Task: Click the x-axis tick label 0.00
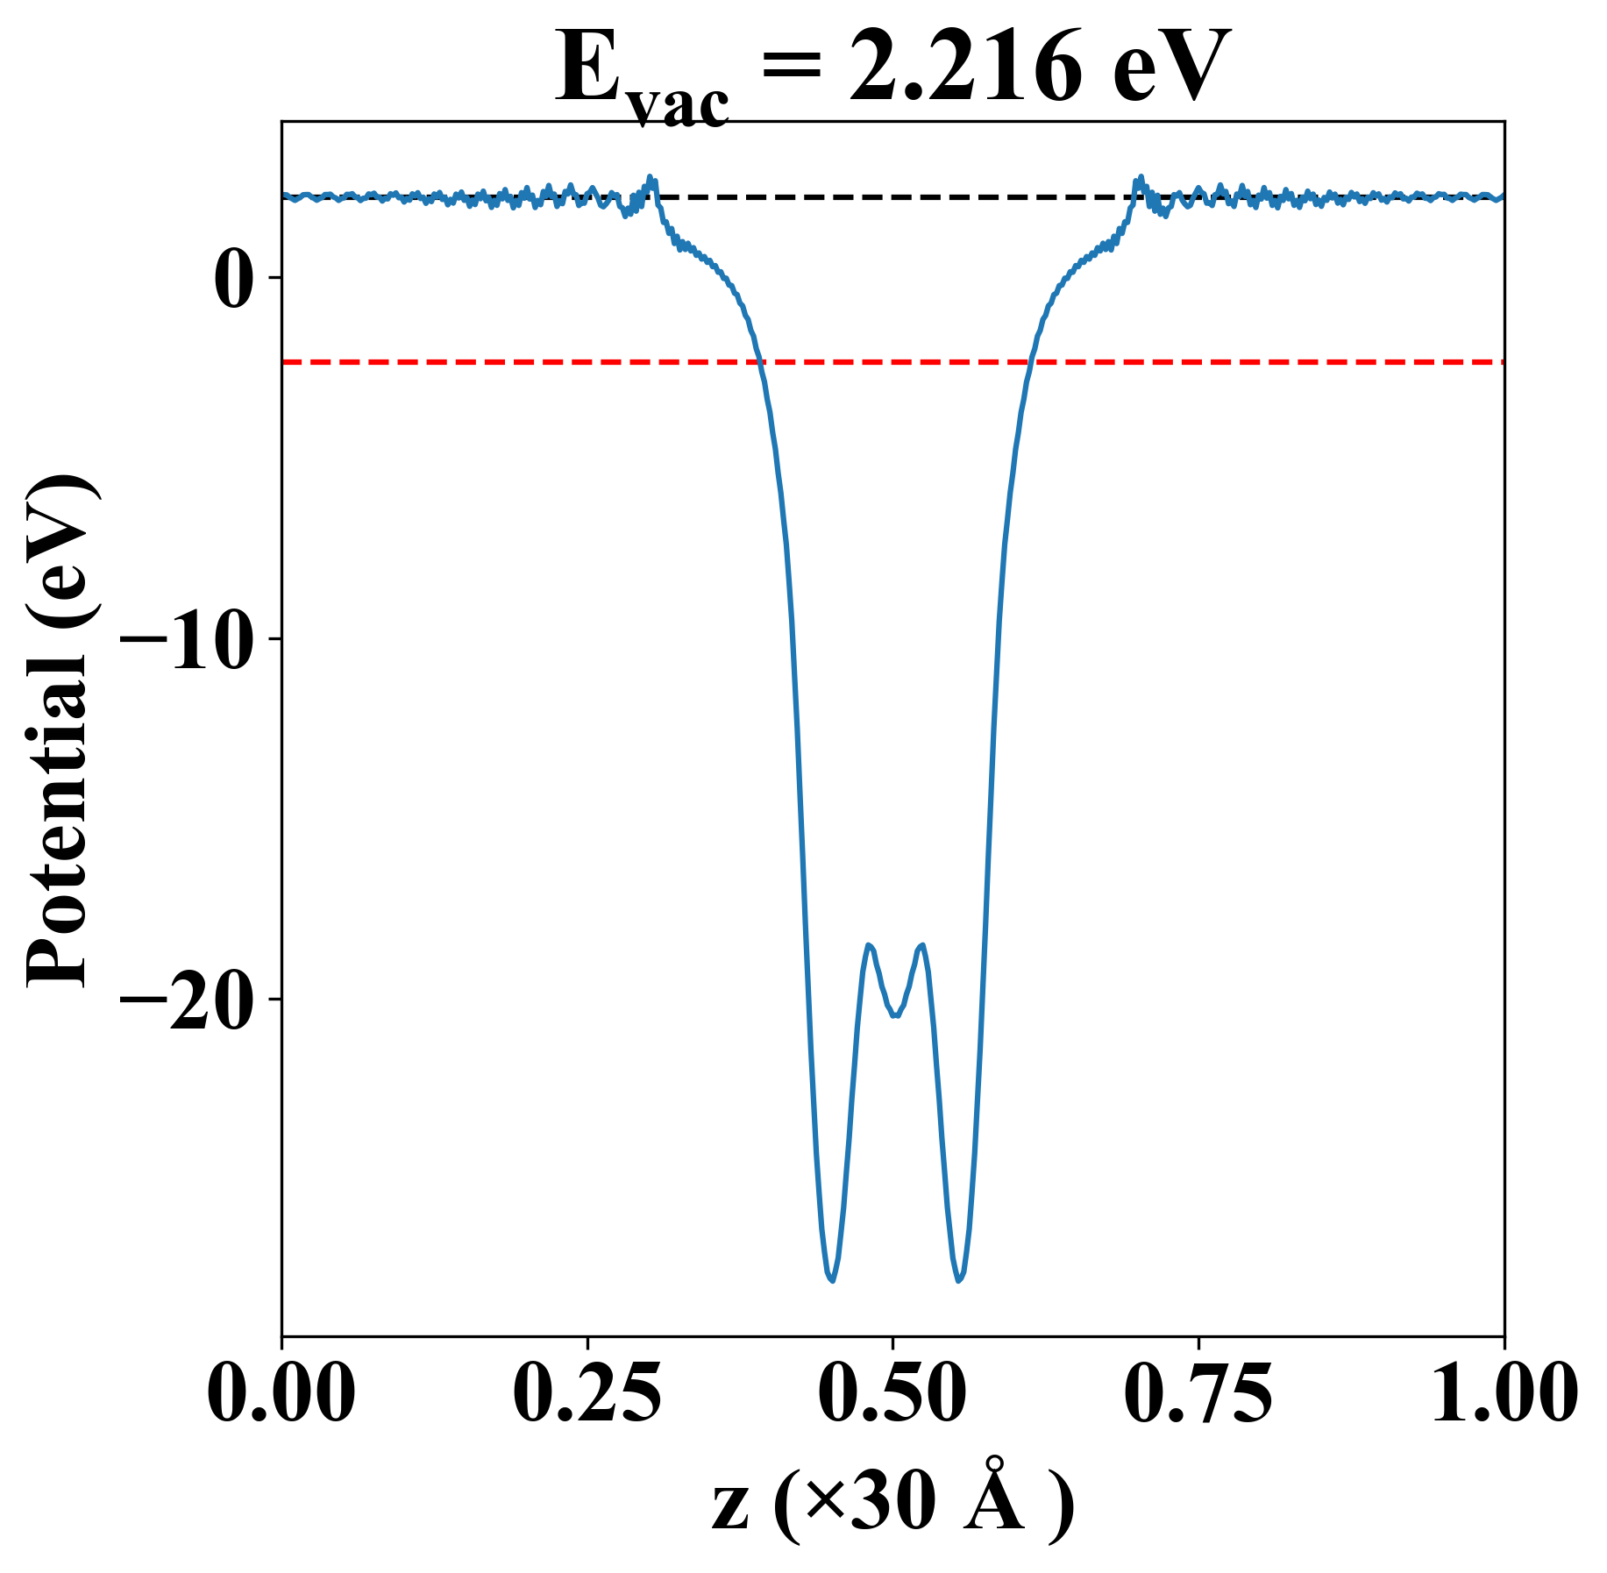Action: tap(281, 1393)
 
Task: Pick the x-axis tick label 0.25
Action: tap(587, 1393)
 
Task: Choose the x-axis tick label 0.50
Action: tap(892, 1393)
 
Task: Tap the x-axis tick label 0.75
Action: tap(1198, 1393)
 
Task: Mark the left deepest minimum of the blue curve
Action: tap(831, 1281)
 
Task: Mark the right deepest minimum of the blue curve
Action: tap(959, 1281)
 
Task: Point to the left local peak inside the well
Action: tap(868, 945)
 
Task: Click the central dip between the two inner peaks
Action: tap(895, 1015)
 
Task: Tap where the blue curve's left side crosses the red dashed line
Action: tap(759, 361)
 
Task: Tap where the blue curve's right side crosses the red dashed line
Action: tap(1033, 361)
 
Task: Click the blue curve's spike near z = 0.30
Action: tap(651, 177)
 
